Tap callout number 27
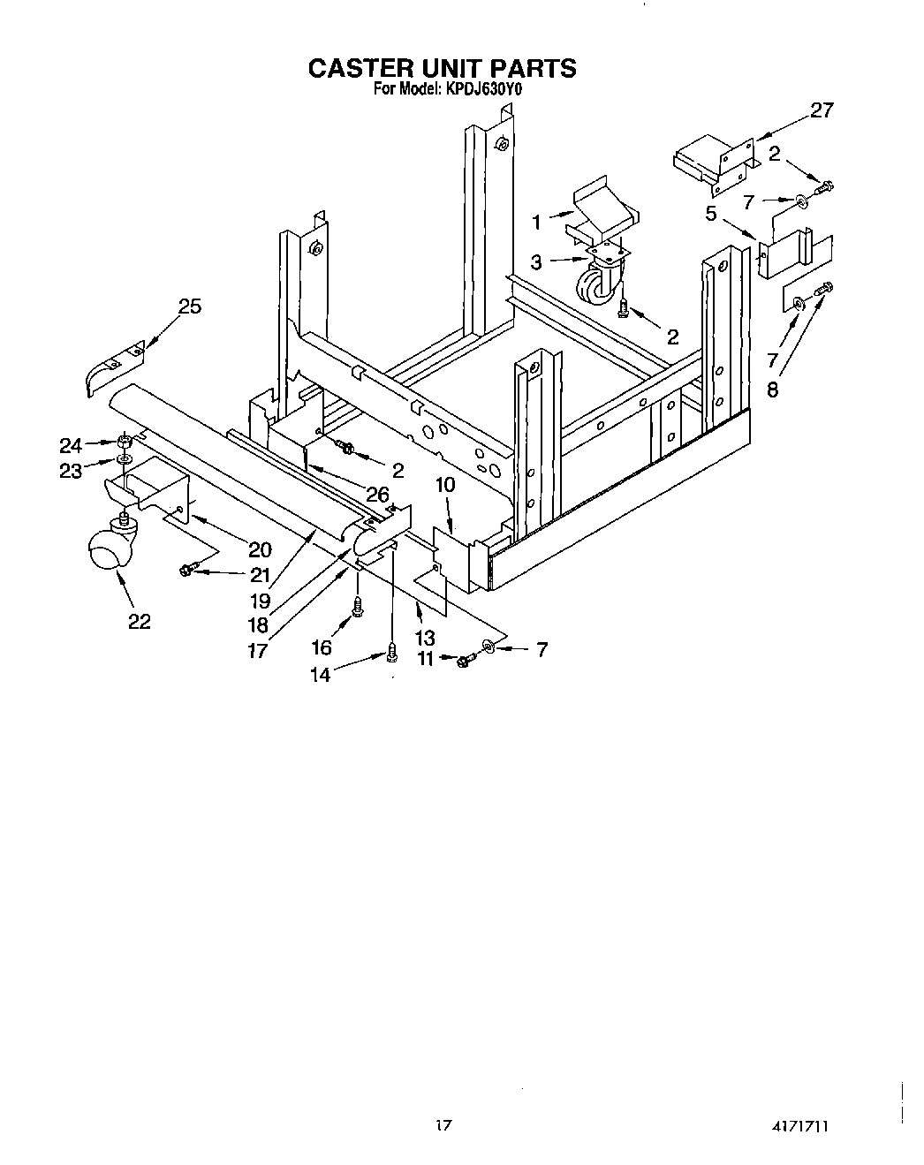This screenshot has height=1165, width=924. [822, 111]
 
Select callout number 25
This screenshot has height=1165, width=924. [190, 306]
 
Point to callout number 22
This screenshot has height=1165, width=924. [140, 622]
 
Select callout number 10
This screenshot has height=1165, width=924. [445, 485]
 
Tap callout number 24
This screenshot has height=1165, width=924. [71, 445]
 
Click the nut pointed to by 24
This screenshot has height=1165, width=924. [125, 440]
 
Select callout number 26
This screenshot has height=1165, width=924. [378, 496]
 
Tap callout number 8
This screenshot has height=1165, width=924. [773, 390]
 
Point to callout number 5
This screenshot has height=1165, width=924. [710, 213]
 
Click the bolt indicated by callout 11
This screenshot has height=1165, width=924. [465, 658]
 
